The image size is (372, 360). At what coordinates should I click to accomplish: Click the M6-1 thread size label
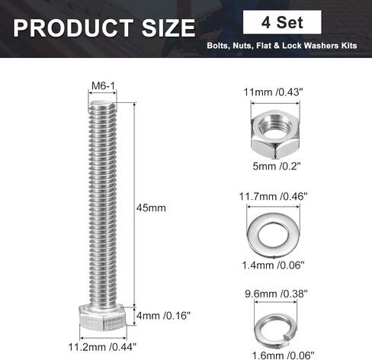coord(103,86)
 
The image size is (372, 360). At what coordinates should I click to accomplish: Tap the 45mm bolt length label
coord(151,207)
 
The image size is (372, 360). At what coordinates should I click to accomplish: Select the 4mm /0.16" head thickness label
coord(163,316)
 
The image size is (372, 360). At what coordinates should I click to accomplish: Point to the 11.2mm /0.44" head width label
coord(102,347)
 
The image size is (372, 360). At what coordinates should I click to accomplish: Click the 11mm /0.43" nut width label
coord(274,92)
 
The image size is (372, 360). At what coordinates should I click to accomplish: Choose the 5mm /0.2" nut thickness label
coord(277,166)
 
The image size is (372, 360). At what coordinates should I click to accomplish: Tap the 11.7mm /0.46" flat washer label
coord(273,197)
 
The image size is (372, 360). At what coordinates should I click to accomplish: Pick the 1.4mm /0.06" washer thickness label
coord(273,265)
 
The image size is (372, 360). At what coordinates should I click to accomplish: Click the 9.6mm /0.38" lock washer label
coord(276,294)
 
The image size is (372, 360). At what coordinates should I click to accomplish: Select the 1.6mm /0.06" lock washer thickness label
coord(283,355)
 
